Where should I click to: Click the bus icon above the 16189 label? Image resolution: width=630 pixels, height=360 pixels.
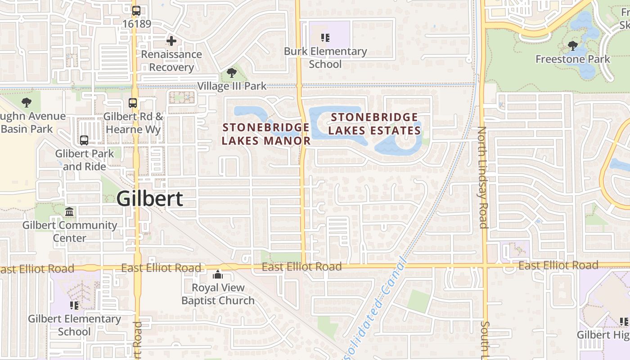pos(136,10)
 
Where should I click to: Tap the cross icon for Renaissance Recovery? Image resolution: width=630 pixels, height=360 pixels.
pos(171,41)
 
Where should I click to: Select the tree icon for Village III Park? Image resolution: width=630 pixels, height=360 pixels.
pos(232,72)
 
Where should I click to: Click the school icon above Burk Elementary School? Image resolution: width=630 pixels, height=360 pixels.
pos(325,38)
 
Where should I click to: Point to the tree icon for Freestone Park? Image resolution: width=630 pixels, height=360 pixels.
pos(572,45)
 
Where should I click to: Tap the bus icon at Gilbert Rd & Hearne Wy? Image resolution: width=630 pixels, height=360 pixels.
pos(133,103)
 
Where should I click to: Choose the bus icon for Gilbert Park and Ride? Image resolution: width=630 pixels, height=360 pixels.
pos(84,140)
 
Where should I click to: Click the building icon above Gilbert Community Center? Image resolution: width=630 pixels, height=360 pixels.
pos(69,211)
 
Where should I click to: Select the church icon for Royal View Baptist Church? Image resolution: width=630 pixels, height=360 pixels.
pos(218,274)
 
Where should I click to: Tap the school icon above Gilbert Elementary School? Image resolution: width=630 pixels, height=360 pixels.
pos(74,306)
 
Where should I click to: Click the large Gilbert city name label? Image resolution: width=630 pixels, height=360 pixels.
pos(150,198)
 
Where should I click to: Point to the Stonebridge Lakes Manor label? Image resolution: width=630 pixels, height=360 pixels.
pos(266,134)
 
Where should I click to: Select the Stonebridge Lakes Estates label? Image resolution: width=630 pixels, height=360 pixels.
pos(374,124)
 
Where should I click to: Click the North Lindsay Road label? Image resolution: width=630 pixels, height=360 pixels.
pos(482,177)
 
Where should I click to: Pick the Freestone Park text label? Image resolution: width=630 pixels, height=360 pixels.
pos(572,59)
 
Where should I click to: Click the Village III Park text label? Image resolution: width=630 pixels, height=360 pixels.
pos(232,86)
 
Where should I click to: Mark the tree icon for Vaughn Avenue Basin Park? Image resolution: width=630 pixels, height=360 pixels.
pos(27,103)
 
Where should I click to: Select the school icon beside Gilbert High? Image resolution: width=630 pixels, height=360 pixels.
pos(624,321)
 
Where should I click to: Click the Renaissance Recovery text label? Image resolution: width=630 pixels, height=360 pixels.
pos(171,61)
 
